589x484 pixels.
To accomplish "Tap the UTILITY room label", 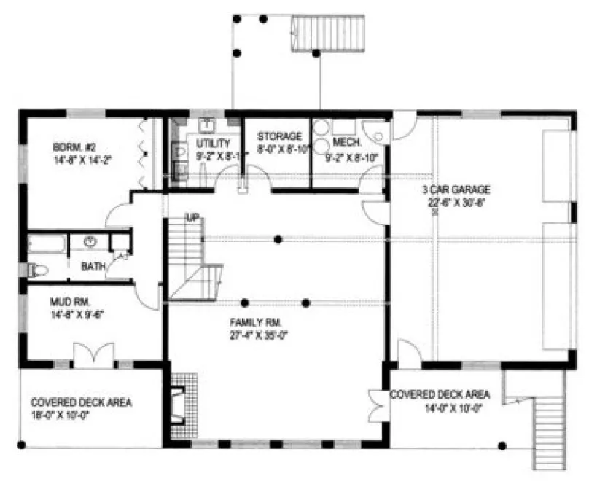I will coord(213,143).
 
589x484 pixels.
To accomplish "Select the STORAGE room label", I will coord(279,136).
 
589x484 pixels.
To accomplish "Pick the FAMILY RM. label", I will coord(258,322).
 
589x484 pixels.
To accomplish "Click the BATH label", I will coord(92,267).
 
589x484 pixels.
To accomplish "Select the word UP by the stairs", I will coord(192,217).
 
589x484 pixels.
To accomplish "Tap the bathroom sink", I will coord(91,241).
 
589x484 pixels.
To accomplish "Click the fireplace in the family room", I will coord(176,405).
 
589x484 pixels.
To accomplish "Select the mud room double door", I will coord(93,354).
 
